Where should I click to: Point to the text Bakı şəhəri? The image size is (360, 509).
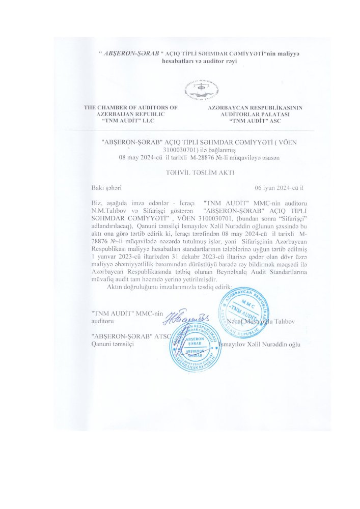(106, 188)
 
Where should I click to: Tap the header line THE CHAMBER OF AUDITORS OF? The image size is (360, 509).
(130, 108)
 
